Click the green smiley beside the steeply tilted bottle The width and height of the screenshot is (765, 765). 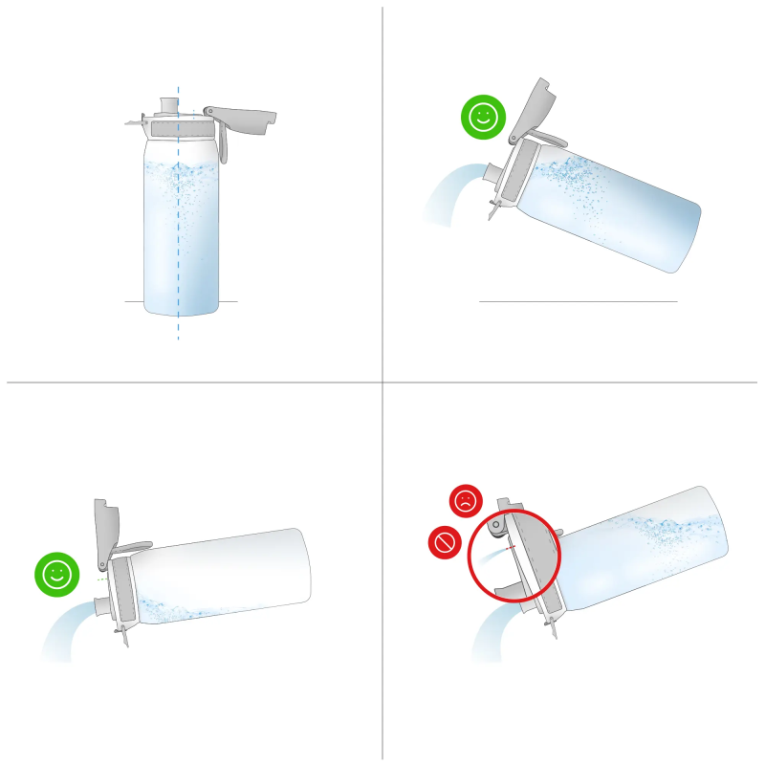click(x=483, y=118)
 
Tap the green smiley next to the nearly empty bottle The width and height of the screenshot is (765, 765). click(x=56, y=575)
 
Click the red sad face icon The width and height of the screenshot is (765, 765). click(x=466, y=500)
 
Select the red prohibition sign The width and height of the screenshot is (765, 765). click(x=444, y=543)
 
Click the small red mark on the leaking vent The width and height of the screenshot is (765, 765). click(x=511, y=548)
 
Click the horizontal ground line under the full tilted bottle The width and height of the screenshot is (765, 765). click(x=578, y=301)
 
